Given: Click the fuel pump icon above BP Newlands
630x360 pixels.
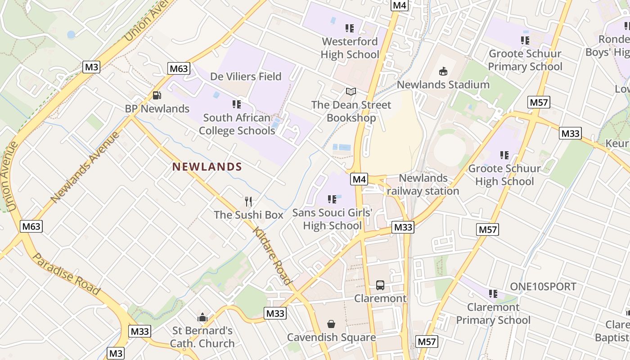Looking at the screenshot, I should click(157, 95).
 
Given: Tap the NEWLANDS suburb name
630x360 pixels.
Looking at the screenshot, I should click(207, 167).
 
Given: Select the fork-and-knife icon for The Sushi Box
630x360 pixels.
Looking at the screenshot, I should click(248, 201).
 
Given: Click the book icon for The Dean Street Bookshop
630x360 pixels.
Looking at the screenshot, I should click(351, 92).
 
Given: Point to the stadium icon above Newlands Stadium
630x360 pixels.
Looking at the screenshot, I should click(443, 71).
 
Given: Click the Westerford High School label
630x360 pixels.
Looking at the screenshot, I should click(350, 48).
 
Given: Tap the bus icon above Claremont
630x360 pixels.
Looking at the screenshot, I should click(380, 285).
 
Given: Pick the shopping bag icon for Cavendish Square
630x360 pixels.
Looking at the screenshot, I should click(331, 324).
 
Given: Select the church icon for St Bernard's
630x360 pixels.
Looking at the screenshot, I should click(202, 317).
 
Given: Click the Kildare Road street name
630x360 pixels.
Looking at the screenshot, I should click(272, 256).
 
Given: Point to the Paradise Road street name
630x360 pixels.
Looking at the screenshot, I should click(67, 274).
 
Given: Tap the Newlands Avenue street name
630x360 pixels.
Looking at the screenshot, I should click(85, 167).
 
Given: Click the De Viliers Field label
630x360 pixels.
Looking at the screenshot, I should click(246, 76).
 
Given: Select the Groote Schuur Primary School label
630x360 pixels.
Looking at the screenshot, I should click(525, 60).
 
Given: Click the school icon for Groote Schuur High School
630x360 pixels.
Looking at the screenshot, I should click(504, 155).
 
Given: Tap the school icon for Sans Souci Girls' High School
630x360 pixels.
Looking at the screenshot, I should click(332, 199).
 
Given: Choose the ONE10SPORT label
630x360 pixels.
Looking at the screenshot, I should click(543, 287).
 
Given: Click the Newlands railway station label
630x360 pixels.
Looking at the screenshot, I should click(423, 184).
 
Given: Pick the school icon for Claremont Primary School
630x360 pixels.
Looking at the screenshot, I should click(493, 294).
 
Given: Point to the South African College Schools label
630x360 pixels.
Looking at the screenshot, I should click(237, 124).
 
